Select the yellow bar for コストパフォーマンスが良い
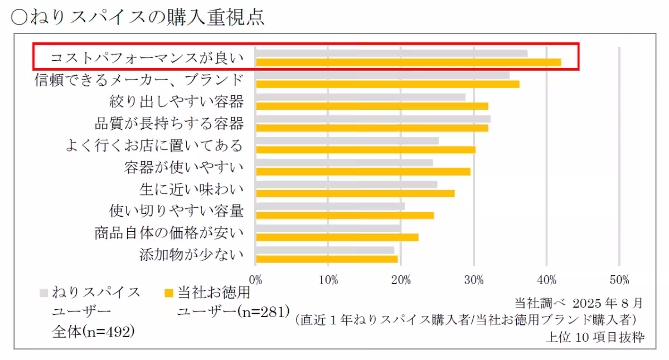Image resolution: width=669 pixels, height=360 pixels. pyautogui.click(x=408, y=62)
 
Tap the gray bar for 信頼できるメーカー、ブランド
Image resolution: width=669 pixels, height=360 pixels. pyautogui.click(x=382, y=75)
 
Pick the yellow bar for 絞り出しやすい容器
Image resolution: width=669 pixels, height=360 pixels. pyautogui.click(x=372, y=106)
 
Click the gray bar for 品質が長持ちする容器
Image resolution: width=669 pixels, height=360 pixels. pyautogui.click(x=373, y=119)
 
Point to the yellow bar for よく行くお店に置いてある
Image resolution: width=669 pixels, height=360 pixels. pyautogui.click(x=366, y=149)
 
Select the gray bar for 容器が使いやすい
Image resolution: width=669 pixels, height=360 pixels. pyautogui.click(x=344, y=163)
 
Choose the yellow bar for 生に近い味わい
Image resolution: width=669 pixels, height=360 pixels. pyautogui.click(x=355, y=193)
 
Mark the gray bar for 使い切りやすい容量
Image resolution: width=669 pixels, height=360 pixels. pyautogui.click(x=330, y=206)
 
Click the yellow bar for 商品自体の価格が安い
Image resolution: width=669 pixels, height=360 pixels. pyautogui.click(x=337, y=237)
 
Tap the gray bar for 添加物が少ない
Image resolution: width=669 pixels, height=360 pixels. pyautogui.click(x=325, y=250)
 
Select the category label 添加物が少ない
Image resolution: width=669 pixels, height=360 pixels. pyautogui.click(x=192, y=255)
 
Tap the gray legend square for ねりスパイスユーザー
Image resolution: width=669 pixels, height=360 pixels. pyautogui.click(x=43, y=292)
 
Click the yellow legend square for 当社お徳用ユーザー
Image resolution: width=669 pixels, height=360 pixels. pyautogui.click(x=169, y=292)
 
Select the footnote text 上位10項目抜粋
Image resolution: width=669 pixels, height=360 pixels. pyautogui.click(x=595, y=337)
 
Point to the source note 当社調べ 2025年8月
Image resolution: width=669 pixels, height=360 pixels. pyautogui.click(x=578, y=303)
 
